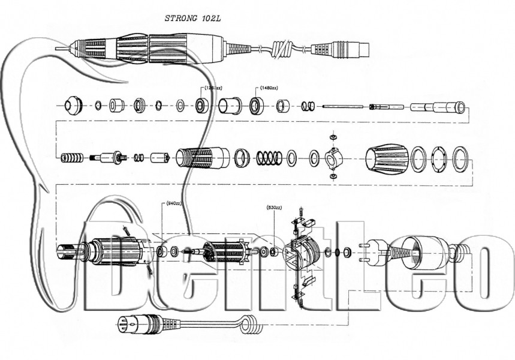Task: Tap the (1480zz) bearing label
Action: (269, 88)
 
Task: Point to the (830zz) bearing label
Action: (274, 208)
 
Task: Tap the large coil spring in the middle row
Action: (269, 158)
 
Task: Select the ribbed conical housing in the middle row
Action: (386, 158)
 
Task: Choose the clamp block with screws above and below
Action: (333, 158)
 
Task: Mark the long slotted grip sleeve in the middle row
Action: (201, 158)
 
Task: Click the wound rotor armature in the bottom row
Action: (222, 251)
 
